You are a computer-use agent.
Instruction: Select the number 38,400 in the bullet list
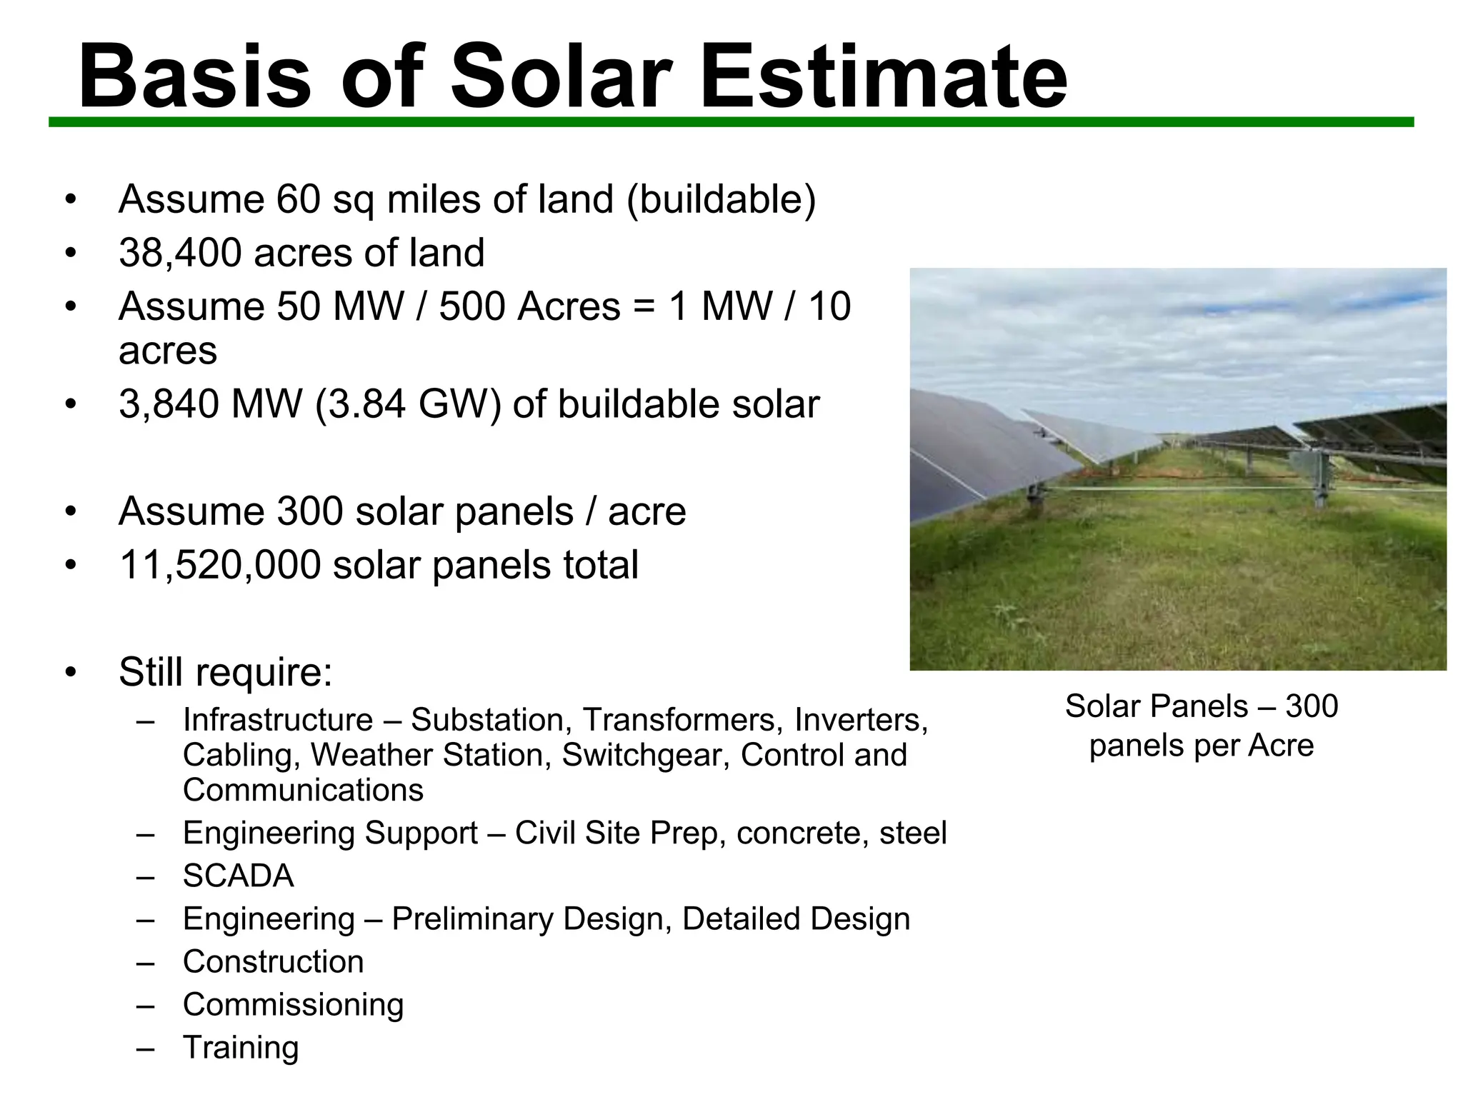coord(180,253)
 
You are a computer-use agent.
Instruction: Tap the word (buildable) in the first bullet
coord(721,199)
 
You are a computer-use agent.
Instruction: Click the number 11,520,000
coord(220,565)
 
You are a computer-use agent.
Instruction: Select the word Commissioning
coord(293,1005)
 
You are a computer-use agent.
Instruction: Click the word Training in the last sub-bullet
coord(241,1048)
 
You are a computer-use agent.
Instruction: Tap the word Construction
coord(273,962)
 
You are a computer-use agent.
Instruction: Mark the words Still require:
coord(226,672)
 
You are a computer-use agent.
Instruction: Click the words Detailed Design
coord(796,919)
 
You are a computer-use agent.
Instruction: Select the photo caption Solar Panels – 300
coord(1201,707)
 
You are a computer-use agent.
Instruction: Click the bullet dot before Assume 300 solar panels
coord(70,512)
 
